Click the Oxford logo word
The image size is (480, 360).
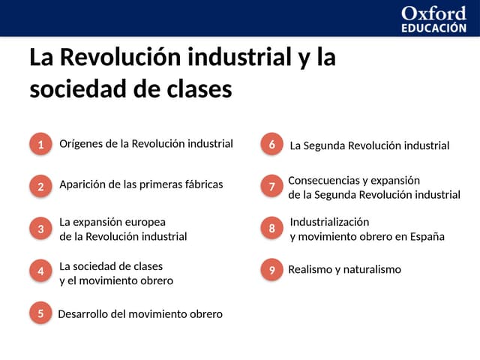(433, 13)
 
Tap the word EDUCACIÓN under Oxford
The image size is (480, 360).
(433, 28)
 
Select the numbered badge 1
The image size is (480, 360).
(40, 145)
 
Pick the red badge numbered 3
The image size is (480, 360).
(40, 228)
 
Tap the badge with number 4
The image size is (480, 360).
(40, 271)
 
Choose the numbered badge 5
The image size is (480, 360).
(40, 314)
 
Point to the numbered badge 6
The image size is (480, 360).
(271, 144)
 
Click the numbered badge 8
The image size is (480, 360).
(271, 228)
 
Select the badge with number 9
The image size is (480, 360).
(271, 270)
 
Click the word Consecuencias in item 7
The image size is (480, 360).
(322, 181)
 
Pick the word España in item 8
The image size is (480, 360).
(427, 237)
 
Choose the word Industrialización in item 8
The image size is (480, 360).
(329, 222)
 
